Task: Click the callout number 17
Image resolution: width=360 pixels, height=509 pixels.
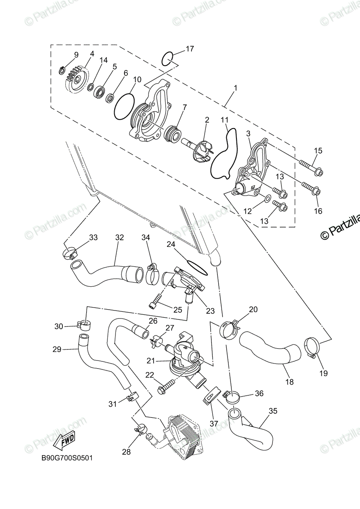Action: coord(190,49)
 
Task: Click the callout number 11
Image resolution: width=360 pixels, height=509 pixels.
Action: coord(225,120)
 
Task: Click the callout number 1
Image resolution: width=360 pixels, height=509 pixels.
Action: coord(236,88)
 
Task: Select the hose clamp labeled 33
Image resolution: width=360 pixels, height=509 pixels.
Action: coord(69,254)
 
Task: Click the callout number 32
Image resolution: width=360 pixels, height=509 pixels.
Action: coord(119,238)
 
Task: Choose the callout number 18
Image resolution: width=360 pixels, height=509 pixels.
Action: coord(290,382)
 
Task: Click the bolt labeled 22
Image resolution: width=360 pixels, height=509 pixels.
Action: coord(166,387)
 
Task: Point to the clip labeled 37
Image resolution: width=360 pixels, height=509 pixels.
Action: coord(211,398)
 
